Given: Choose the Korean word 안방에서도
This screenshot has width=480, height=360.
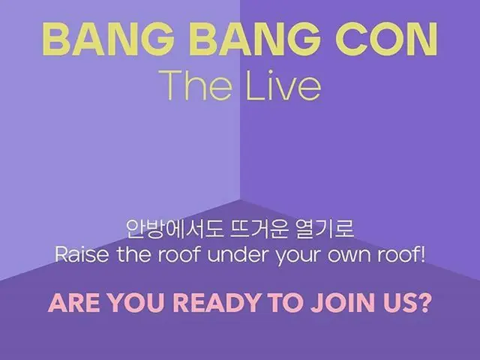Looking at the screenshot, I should coord(166,227).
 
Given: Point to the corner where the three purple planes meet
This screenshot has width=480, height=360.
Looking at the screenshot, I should coord(240,200).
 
